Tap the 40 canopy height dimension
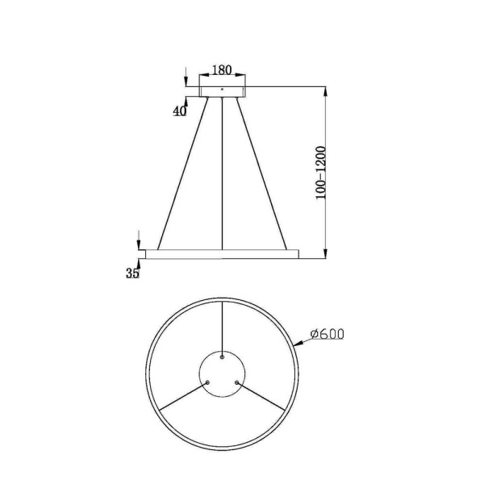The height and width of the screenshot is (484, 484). click(x=179, y=111)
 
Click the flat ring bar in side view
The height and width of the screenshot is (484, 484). click(x=223, y=254)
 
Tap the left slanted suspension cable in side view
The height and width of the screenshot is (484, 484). click(x=182, y=173)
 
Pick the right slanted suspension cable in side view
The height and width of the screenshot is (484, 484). click(x=262, y=173)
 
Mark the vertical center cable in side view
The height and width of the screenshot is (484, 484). click(x=223, y=173)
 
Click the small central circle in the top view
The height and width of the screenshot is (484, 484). click(x=223, y=374)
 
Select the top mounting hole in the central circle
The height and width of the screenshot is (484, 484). click(x=223, y=356)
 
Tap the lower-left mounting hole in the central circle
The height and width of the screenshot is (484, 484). click(x=208, y=382)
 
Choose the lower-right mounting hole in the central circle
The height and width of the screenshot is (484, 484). click(x=237, y=382)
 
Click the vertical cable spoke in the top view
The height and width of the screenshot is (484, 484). click(x=223, y=327)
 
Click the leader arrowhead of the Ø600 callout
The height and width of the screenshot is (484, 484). click(x=299, y=344)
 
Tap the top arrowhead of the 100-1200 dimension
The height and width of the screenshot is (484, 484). click(x=324, y=90)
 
